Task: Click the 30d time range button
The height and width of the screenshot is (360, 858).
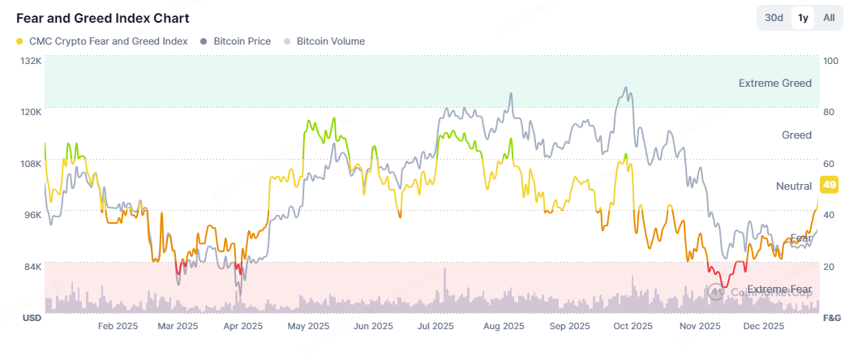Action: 774,18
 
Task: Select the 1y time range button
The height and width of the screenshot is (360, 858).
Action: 803,18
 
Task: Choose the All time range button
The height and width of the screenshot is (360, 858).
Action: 829,18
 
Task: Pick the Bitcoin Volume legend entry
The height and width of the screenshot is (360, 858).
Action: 324,41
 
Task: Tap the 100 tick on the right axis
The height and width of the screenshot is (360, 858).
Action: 830,61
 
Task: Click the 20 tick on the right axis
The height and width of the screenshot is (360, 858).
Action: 829,267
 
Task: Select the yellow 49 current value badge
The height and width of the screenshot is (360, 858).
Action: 830,186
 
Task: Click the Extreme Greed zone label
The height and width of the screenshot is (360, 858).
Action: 774,83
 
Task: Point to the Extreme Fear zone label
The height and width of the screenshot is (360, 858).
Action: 779,289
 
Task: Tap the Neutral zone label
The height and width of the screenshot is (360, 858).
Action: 794,186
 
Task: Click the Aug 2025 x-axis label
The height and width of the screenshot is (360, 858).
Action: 502,327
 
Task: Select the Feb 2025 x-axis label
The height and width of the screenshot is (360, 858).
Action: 118,327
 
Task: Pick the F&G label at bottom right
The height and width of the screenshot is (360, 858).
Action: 831,317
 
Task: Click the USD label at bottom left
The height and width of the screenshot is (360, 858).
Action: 31,317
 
